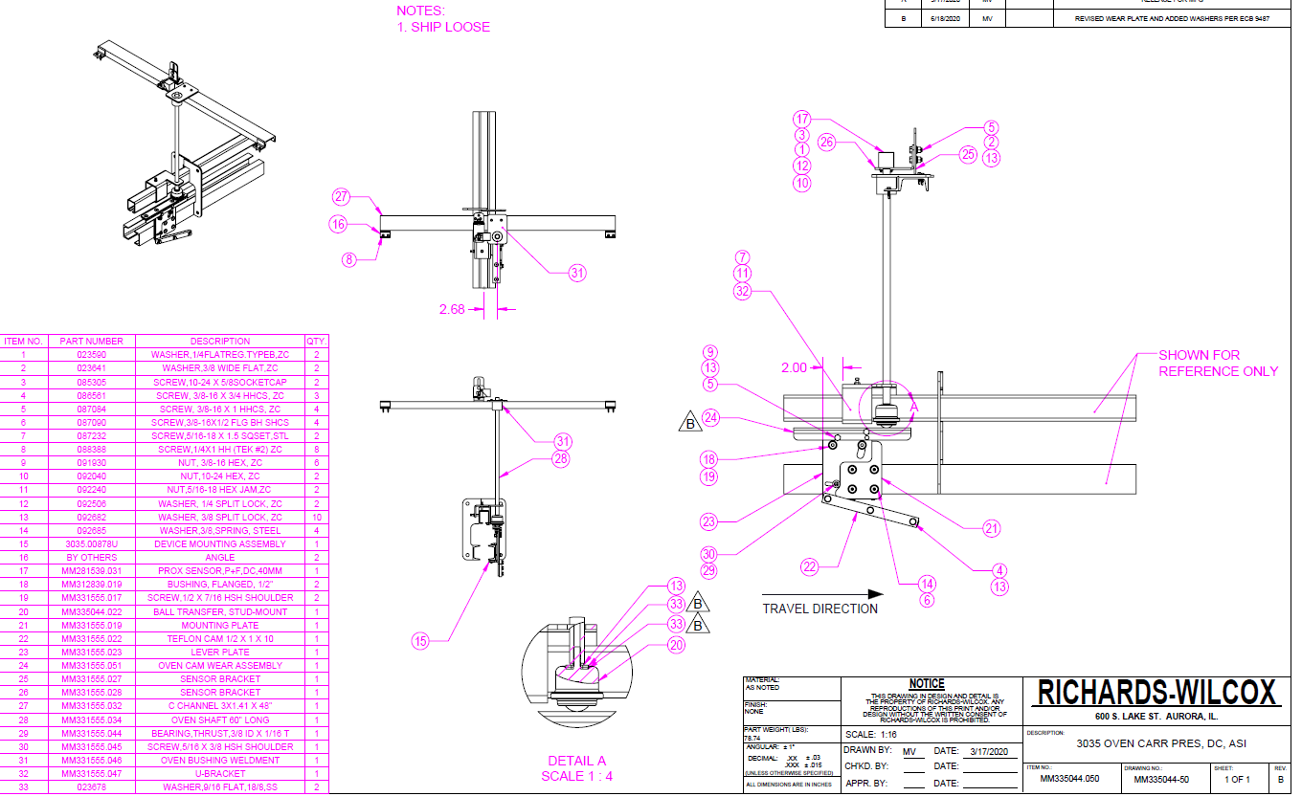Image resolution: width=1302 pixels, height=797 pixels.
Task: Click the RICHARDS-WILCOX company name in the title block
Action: [x=1157, y=694]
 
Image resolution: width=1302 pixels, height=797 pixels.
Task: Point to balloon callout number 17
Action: [x=801, y=120]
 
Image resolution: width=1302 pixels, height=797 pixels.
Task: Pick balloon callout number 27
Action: [x=342, y=197]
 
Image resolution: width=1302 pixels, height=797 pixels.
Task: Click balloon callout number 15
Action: [x=419, y=642]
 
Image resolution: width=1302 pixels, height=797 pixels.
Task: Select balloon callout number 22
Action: [x=810, y=566]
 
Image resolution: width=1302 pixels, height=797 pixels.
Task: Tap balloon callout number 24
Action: [x=710, y=417]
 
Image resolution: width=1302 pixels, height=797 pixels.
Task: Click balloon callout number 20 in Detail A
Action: [x=675, y=645]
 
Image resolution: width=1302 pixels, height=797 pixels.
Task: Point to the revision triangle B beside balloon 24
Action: [x=687, y=421]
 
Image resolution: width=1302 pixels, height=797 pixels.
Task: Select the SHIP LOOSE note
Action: [x=443, y=27]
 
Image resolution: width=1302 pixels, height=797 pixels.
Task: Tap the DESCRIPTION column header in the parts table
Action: [x=219, y=341]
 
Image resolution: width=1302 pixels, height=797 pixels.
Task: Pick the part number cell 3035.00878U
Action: [x=92, y=543]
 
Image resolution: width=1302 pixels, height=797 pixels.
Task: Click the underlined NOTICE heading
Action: [x=926, y=683]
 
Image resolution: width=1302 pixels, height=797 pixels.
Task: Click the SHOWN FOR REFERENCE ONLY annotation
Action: [x=1218, y=363]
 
